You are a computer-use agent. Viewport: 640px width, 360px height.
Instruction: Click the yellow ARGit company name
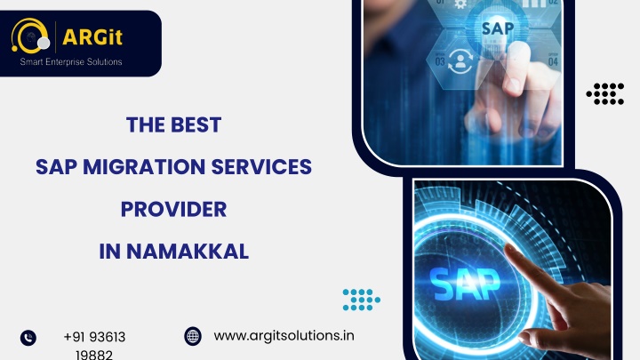pyautogui.click(x=92, y=37)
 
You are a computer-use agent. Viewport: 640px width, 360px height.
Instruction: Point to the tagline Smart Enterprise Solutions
pyautogui.click(x=71, y=62)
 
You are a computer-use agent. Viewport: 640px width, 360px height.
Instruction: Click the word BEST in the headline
pyautogui.click(x=196, y=125)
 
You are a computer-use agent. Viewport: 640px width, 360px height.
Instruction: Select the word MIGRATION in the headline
pyautogui.click(x=144, y=167)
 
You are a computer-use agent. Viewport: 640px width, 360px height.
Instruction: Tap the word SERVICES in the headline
pyautogui.click(x=261, y=167)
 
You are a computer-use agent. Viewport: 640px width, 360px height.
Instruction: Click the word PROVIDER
pyautogui.click(x=174, y=210)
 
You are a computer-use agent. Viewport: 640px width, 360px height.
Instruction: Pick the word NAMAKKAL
pyautogui.click(x=188, y=252)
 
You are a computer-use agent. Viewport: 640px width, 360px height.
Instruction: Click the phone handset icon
pyautogui.click(x=28, y=338)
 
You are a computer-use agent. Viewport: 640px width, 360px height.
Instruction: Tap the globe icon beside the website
pyautogui.click(x=193, y=336)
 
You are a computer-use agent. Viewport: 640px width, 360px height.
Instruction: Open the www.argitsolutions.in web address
pyautogui.click(x=284, y=336)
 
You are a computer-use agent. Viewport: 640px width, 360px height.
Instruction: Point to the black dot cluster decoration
pyautogui.click(x=605, y=94)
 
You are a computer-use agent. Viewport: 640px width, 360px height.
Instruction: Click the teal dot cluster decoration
pyautogui.click(x=362, y=300)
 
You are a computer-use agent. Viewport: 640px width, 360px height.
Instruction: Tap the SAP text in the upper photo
pyautogui.click(x=498, y=28)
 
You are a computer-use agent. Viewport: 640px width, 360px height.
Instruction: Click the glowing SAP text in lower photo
pyautogui.click(x=465, y=284)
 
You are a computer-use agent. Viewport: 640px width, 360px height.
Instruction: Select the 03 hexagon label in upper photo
pyautogui.click(x=440, y=61)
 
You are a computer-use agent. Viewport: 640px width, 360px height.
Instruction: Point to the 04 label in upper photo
pyautogui.click(x=553, y=61)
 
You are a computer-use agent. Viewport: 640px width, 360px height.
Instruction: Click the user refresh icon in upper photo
pyautogui.click(x=460, y=61)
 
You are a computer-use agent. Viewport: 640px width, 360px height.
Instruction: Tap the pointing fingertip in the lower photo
pyautogui.click(x=510, y=248)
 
